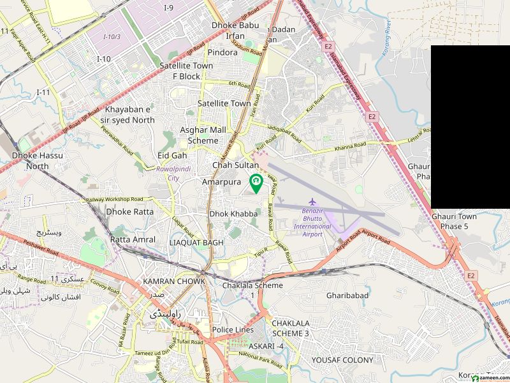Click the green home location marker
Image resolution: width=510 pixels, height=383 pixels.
[256, 183]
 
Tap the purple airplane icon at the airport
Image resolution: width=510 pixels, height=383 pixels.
[312, 203]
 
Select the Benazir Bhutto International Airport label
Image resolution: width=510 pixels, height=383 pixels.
[312, 222]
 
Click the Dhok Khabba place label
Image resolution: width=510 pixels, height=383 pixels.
[233, 214]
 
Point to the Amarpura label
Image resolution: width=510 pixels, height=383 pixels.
[221, 182]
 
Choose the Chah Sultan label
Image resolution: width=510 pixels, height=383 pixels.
[235, 165]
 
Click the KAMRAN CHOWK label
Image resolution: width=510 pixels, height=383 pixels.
[174, 281]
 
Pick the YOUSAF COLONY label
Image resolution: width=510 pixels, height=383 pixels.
[342, 360]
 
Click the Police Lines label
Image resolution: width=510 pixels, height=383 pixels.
[233, 330]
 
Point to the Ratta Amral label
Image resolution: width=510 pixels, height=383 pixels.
[133, 239]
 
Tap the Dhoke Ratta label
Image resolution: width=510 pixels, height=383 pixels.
[129, 211]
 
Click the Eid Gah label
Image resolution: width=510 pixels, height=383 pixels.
[172, 155]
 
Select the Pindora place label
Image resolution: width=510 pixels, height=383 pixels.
[222, 52]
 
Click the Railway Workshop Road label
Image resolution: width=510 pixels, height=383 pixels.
[115, 199]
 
